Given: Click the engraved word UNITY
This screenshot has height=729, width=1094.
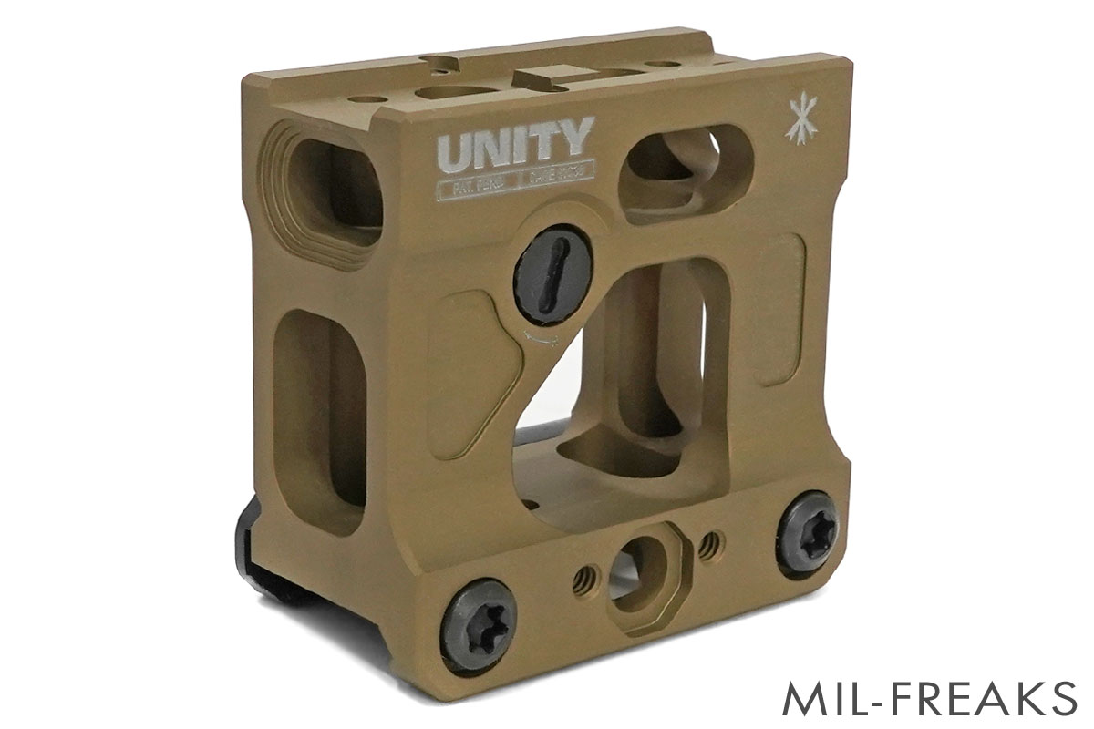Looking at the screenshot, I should pos(516,141).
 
